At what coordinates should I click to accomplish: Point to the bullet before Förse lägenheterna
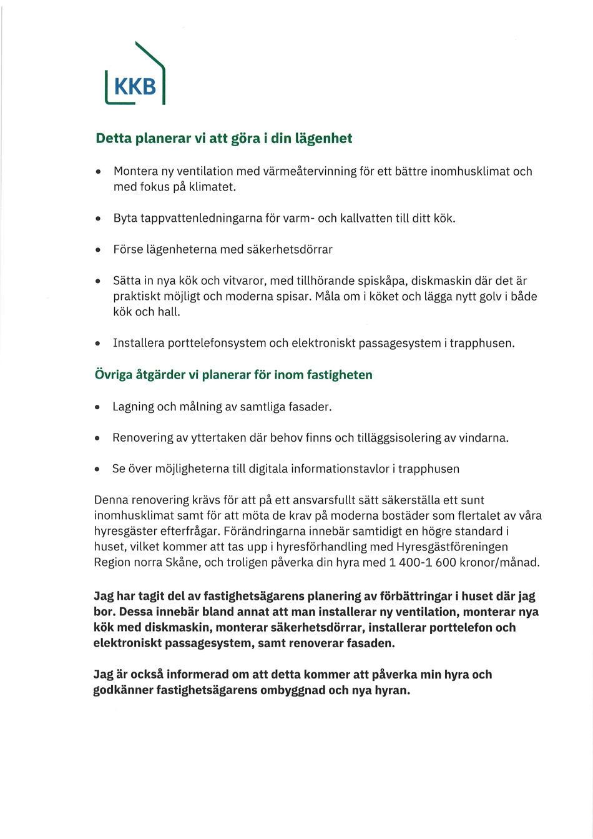coord(98,250)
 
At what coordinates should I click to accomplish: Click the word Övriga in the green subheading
coord(112,375)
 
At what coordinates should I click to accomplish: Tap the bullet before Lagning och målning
coord(97,407)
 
